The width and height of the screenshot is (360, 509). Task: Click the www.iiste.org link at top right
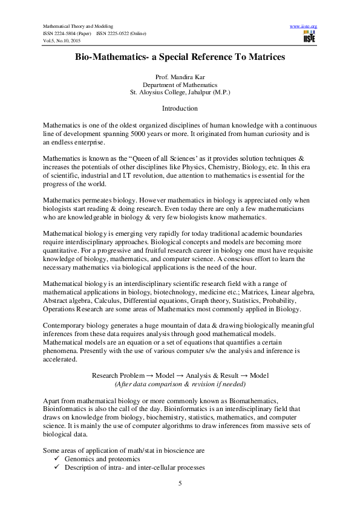[x=304, y=27]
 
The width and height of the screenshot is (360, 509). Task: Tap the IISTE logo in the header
[x=310, y=37]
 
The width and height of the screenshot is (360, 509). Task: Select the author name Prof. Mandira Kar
[x=180, y=78]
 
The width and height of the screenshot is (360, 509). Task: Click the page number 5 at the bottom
[x=180, y=483]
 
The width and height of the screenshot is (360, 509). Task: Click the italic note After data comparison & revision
[x=180, y=384]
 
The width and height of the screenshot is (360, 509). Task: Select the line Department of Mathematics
[x=180, y=86]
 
